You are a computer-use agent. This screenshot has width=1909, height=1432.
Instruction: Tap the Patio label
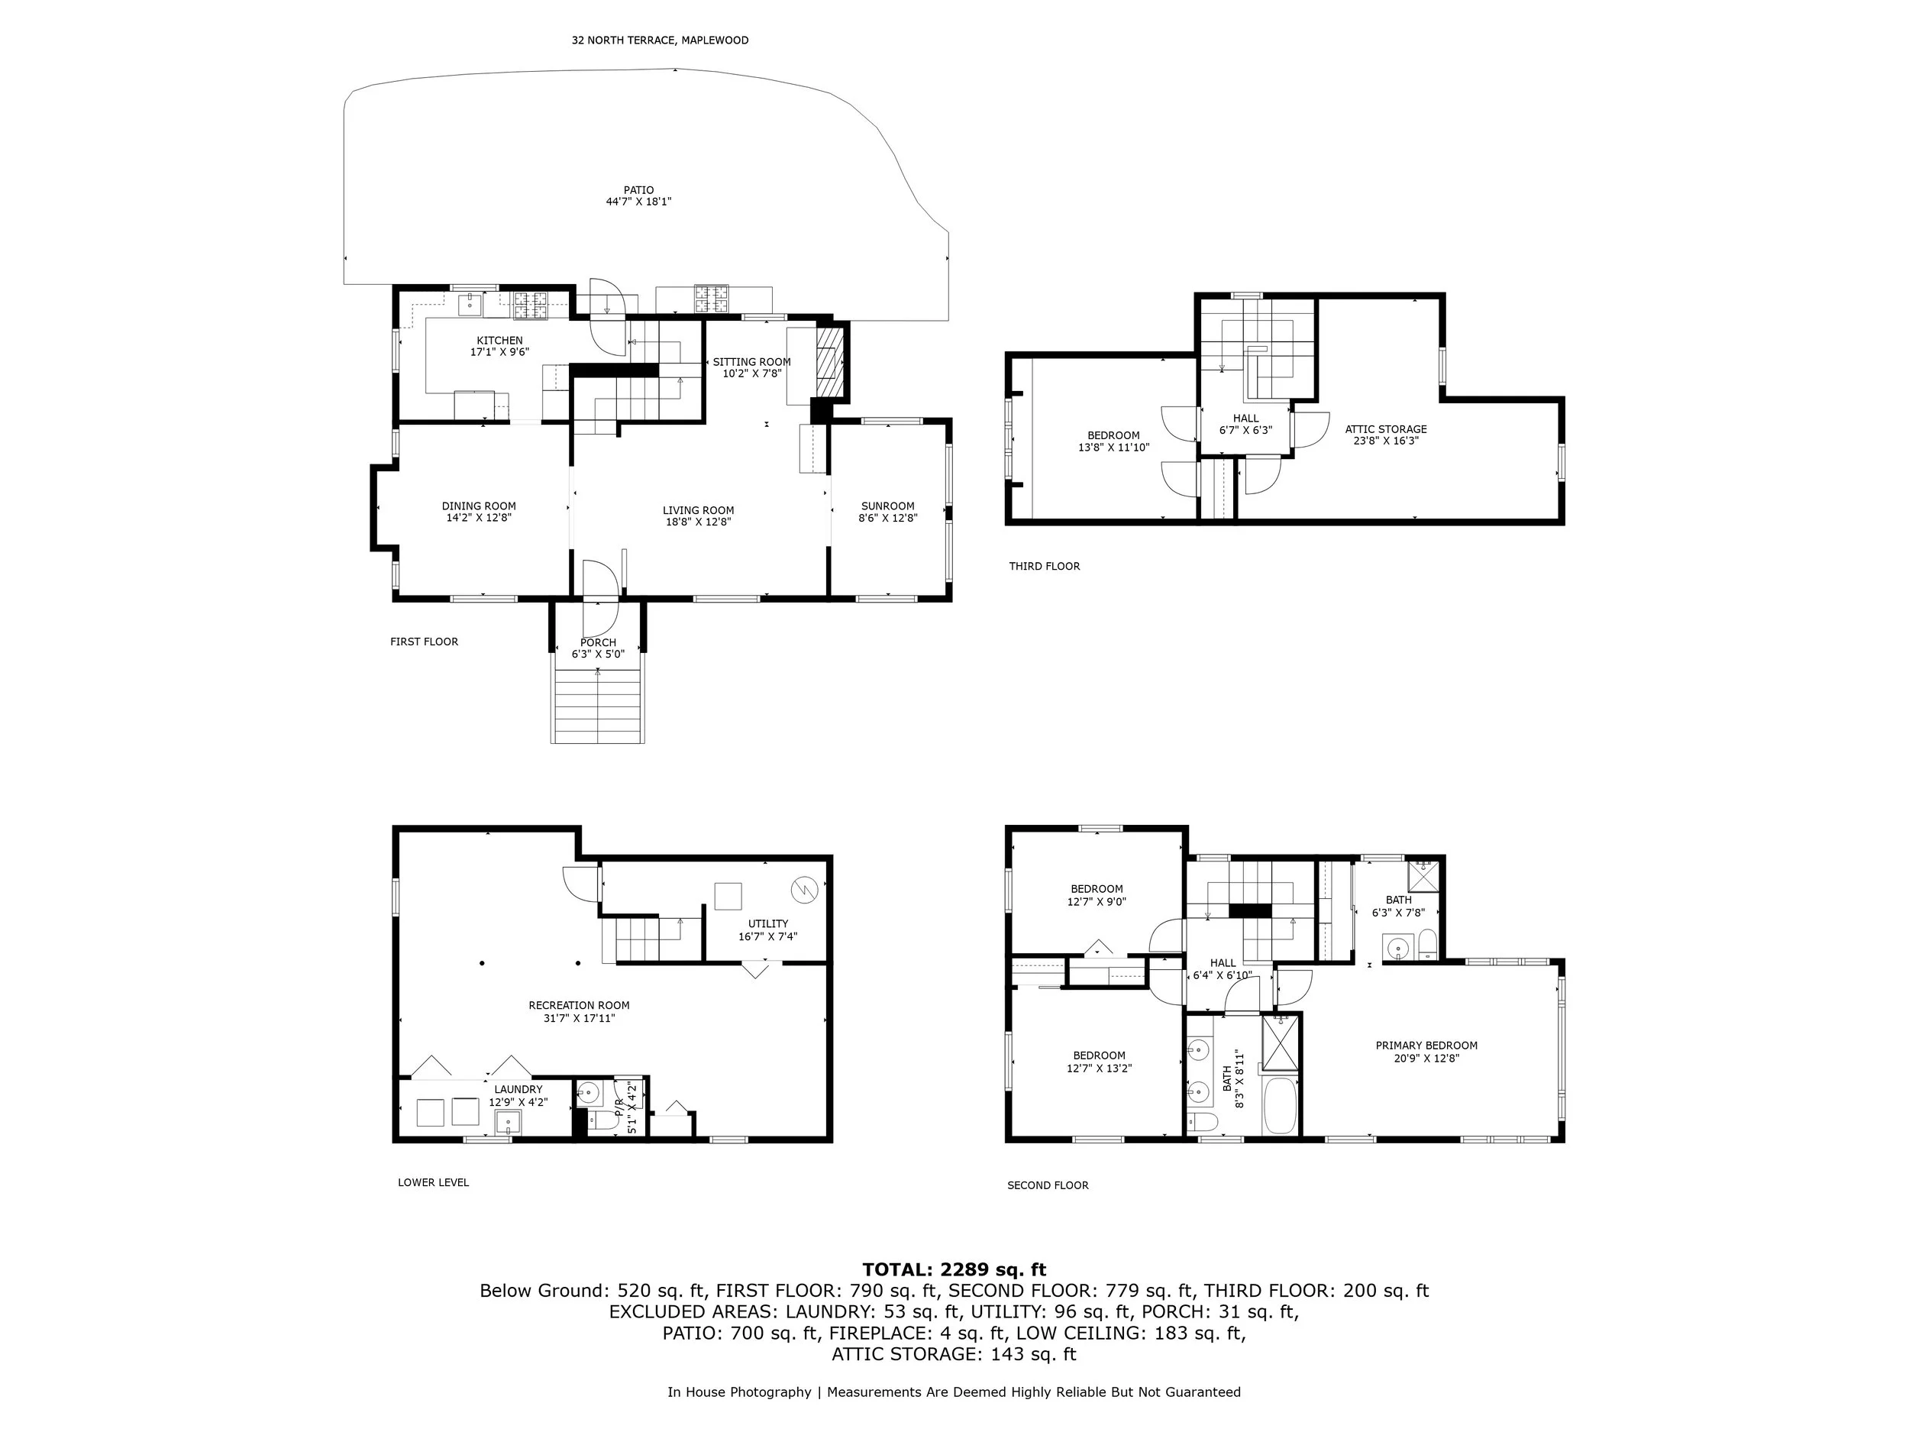[638, 190]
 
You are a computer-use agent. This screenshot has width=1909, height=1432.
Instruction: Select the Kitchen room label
[499, 341]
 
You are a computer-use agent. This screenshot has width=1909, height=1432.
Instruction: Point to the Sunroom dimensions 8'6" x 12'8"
[887, 519]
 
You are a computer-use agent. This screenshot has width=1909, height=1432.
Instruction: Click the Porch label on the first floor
[598, 642]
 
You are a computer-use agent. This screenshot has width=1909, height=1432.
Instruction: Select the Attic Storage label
[1385, 429]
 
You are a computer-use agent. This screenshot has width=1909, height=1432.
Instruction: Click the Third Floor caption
[1045, 566]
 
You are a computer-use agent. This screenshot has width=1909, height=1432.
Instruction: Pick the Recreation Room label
[579, 1006]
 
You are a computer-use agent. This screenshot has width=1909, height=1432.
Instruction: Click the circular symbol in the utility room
[804, 887]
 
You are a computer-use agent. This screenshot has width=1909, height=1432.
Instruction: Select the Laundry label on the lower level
[518, 1089]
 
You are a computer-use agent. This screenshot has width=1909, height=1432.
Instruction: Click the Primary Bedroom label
[1426, 1046]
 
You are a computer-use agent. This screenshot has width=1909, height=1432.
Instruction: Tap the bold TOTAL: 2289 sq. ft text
[954, 1270]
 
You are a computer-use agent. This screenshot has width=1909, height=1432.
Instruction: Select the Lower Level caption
[433, 1182]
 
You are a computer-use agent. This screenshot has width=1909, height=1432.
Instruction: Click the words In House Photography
[738, 1392]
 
